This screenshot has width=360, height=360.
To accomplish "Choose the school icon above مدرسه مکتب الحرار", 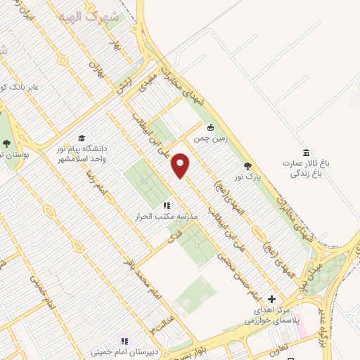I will [x=167, y=205].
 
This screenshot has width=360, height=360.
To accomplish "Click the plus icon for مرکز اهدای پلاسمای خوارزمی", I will [x=273, y=300].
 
